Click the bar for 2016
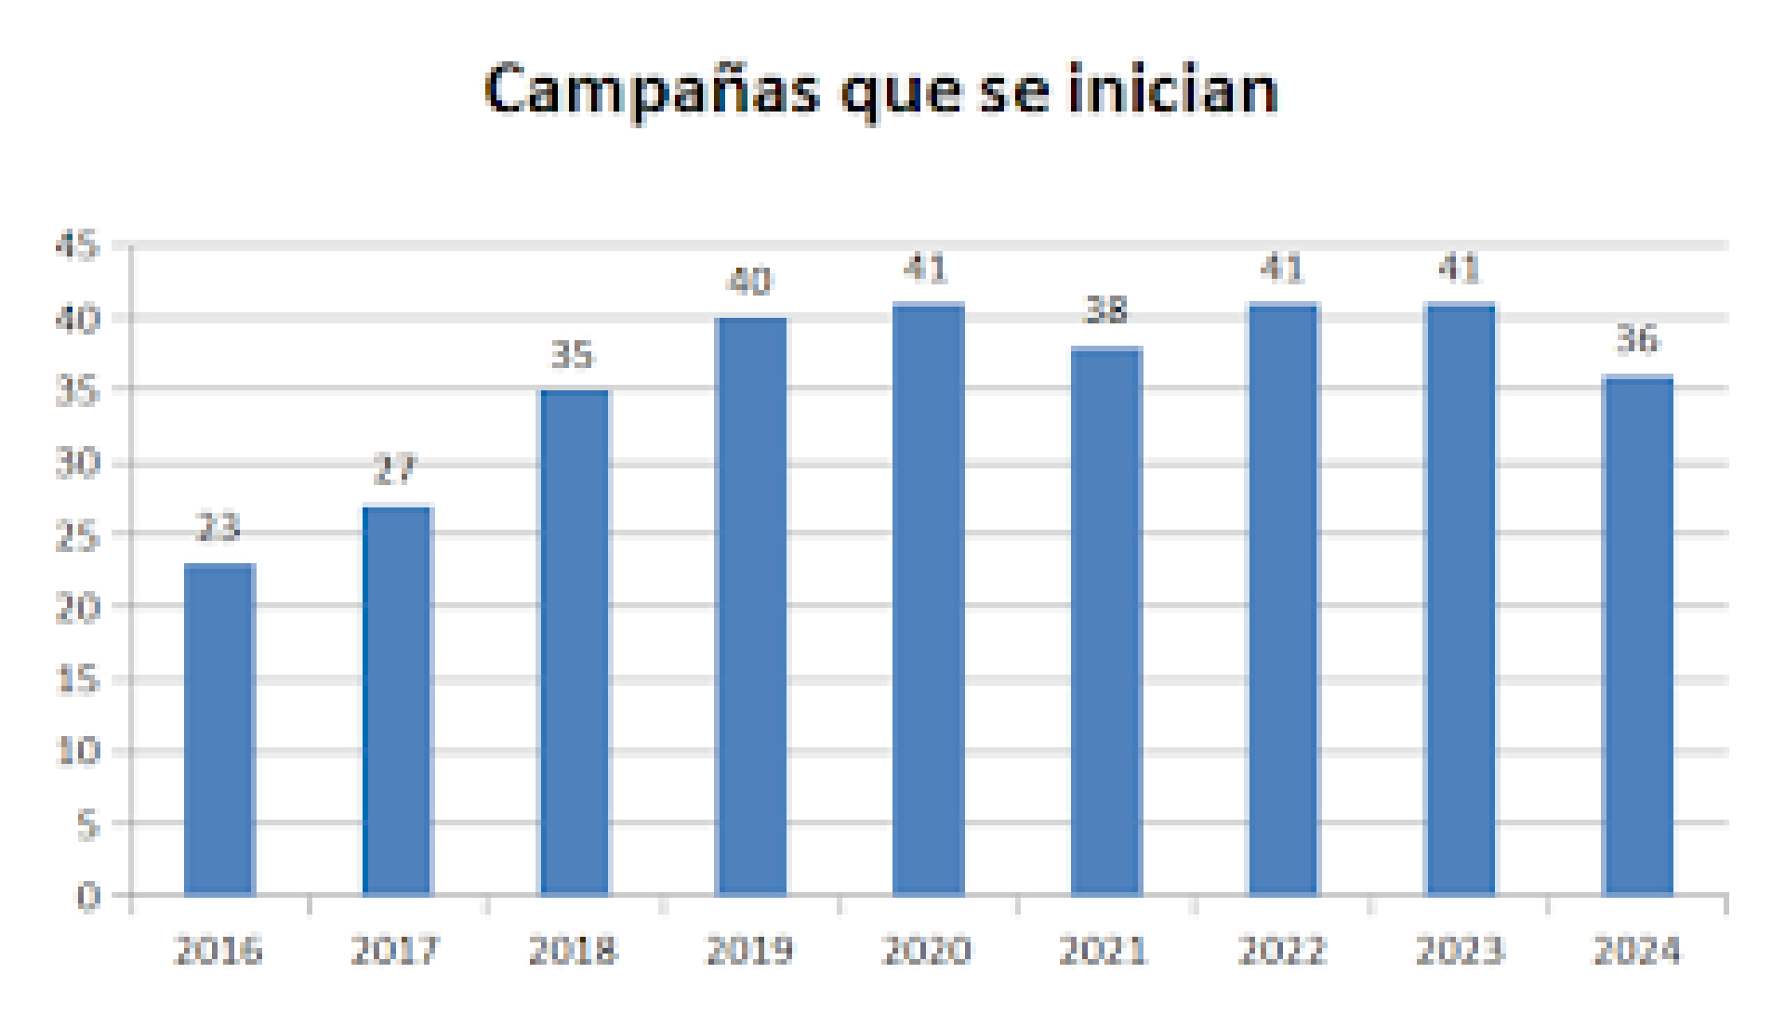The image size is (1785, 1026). (219, 730)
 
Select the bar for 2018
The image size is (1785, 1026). (575, 642)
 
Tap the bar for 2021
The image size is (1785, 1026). (1106, 621)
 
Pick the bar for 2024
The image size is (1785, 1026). (1638, 636)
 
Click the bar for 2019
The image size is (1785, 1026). (751, 606)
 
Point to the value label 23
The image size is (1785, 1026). (218, 528)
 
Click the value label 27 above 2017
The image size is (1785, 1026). (395, 470)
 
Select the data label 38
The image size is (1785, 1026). (1106, 310)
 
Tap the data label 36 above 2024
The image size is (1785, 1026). (1637, 340)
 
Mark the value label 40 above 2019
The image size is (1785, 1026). (749, 281)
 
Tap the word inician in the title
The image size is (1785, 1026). (1172, 90)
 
